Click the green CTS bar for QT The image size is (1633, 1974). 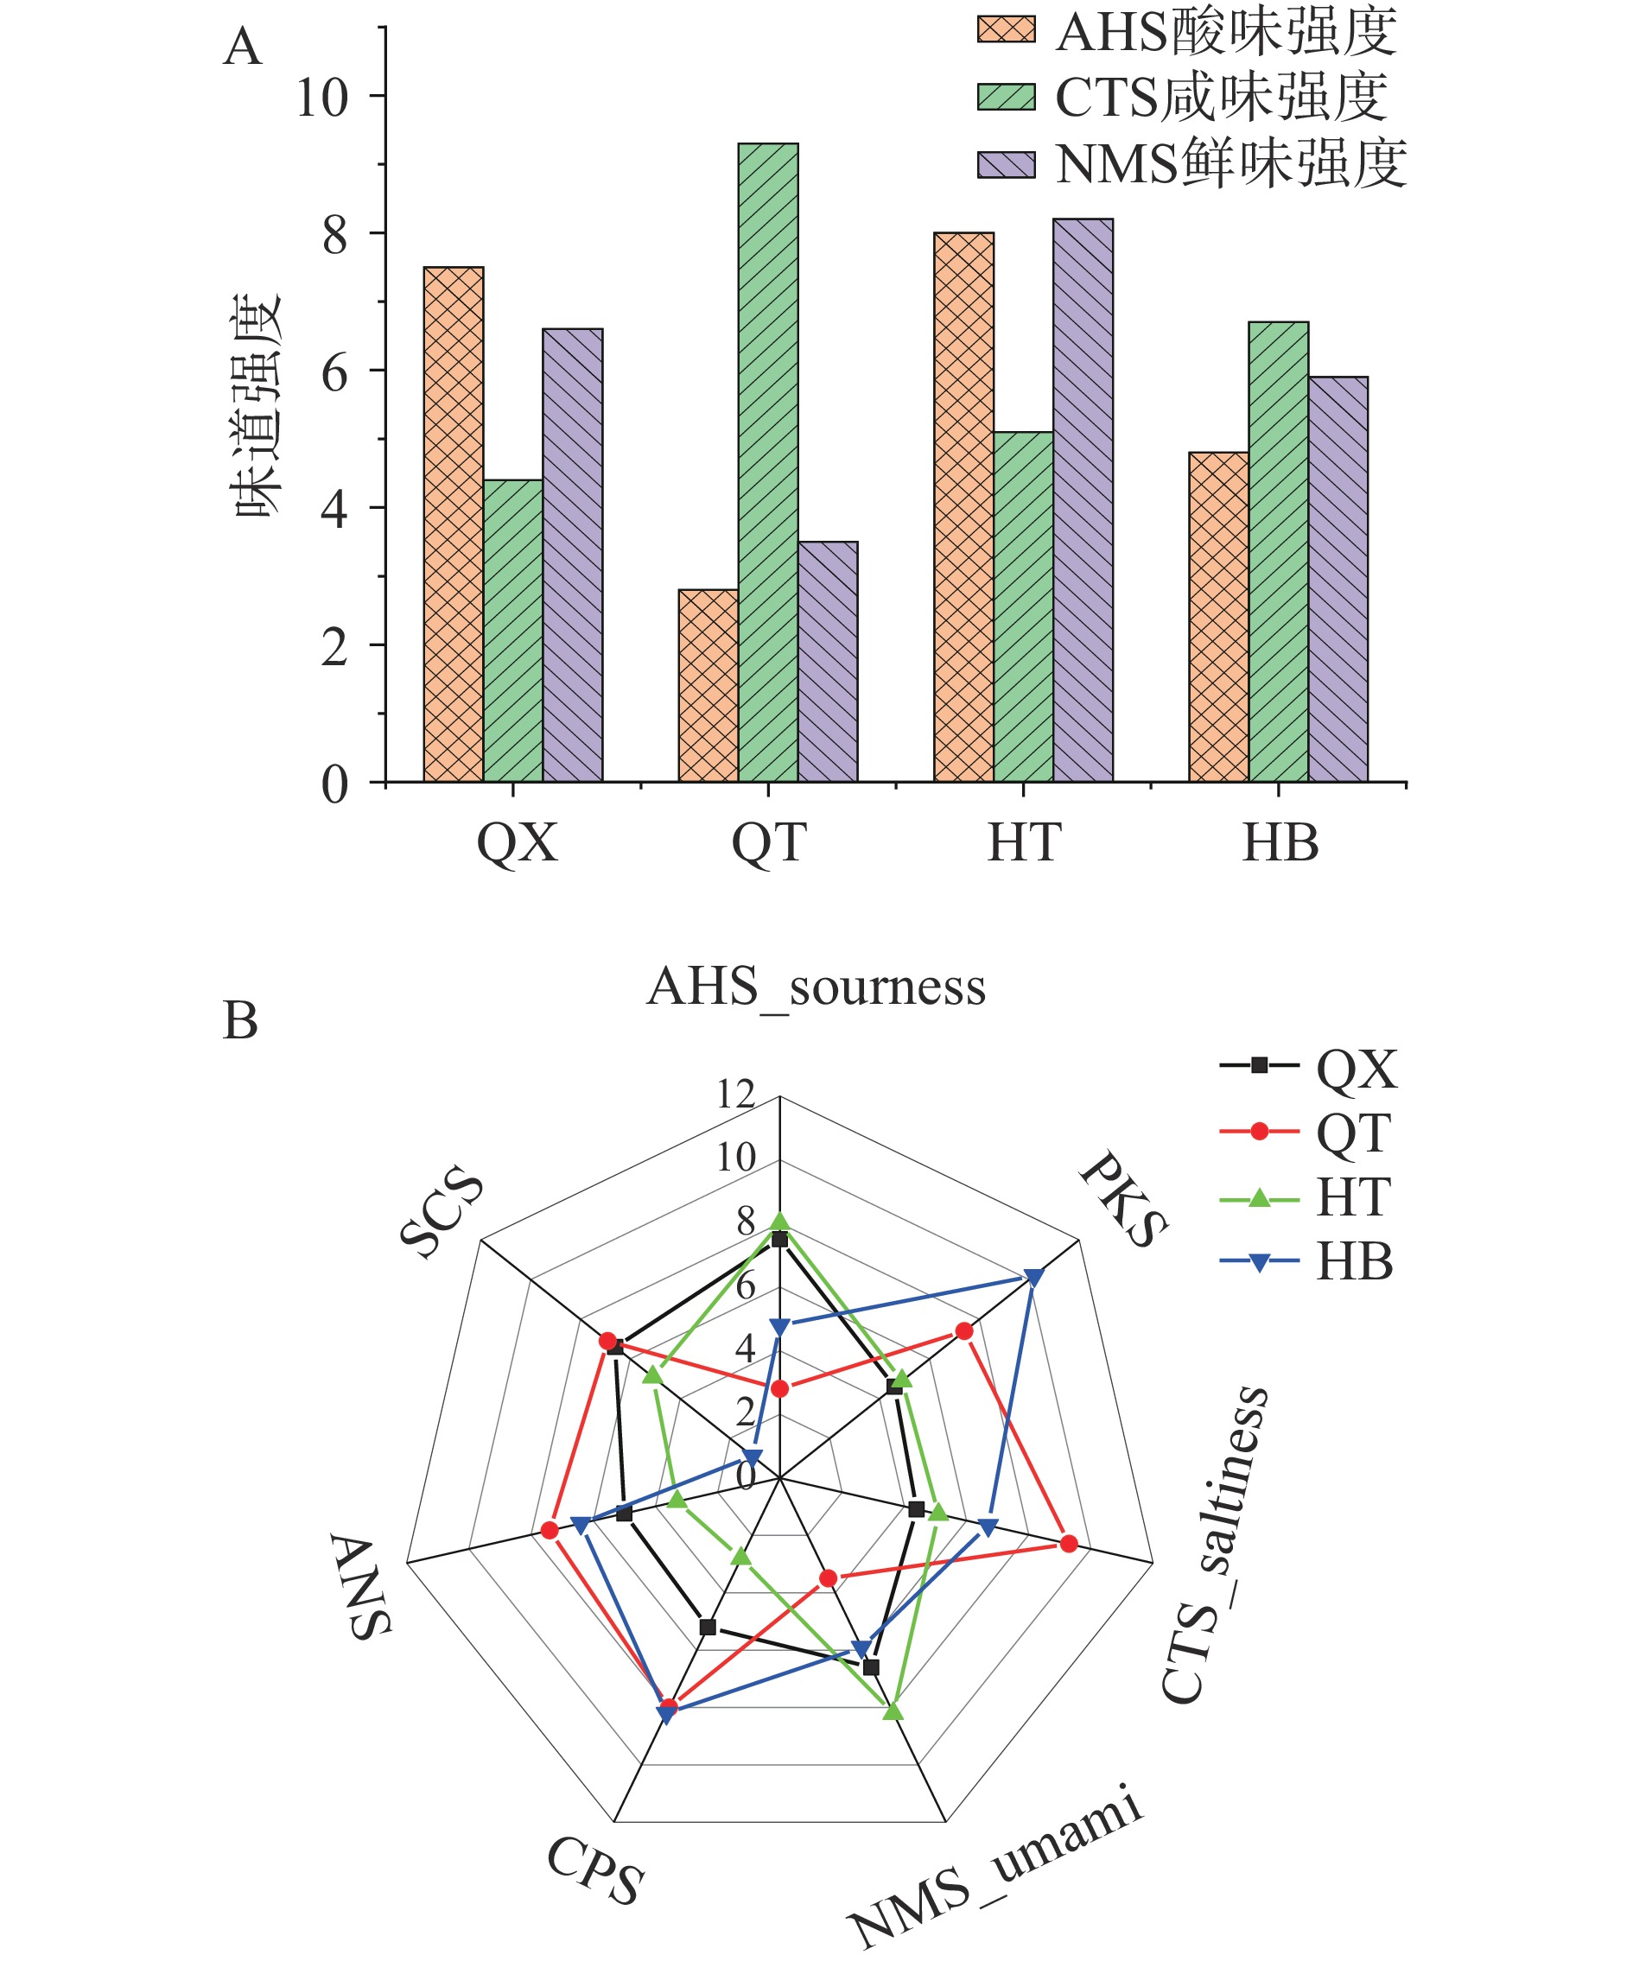(x=767, y=462)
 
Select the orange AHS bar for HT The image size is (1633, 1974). (x=963, y=508)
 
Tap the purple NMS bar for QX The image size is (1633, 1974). (x=573, y=555)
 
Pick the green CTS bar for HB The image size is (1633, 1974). (x=1278, y=552)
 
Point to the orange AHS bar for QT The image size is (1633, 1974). (x=708, y=685)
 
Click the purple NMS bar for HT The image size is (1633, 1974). (x=1082, y=500)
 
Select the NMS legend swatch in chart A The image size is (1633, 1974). (x=1005, y=164)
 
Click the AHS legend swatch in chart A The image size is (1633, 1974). (x=1005, y=29)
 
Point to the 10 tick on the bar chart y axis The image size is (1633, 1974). (x=321, y=97)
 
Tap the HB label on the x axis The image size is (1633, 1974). (x=1280, y=843)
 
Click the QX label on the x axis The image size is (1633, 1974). (x=516, y=843)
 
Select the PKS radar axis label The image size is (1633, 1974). (x=1124, y=1199)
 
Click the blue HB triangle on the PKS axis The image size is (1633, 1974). (x=1034, y=1278)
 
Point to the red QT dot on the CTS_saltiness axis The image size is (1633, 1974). (x=1068, y=1545)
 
